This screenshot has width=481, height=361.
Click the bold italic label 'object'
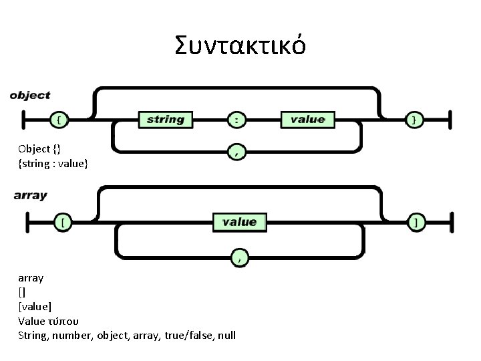[x=30, y=95]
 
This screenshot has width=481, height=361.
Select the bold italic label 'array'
[x=30, y=196]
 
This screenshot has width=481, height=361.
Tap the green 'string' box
[x=165, y=120]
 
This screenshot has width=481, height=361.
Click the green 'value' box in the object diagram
[x=307, y=120]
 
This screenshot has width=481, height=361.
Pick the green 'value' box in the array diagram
[x=238, y=221]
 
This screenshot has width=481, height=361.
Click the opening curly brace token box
[x=60, y=120]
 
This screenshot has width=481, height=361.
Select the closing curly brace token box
[x=416, y=120]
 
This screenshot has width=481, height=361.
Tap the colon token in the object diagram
[x=236, y=120]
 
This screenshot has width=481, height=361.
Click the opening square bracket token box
[x=63, y=223]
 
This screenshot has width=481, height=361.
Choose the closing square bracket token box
[x=416, y=223]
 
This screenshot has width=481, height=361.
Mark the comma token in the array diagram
[x=239, y=255]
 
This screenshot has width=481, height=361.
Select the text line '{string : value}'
[x=53, y=162]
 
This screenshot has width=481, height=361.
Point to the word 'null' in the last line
[x=226, y=335]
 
